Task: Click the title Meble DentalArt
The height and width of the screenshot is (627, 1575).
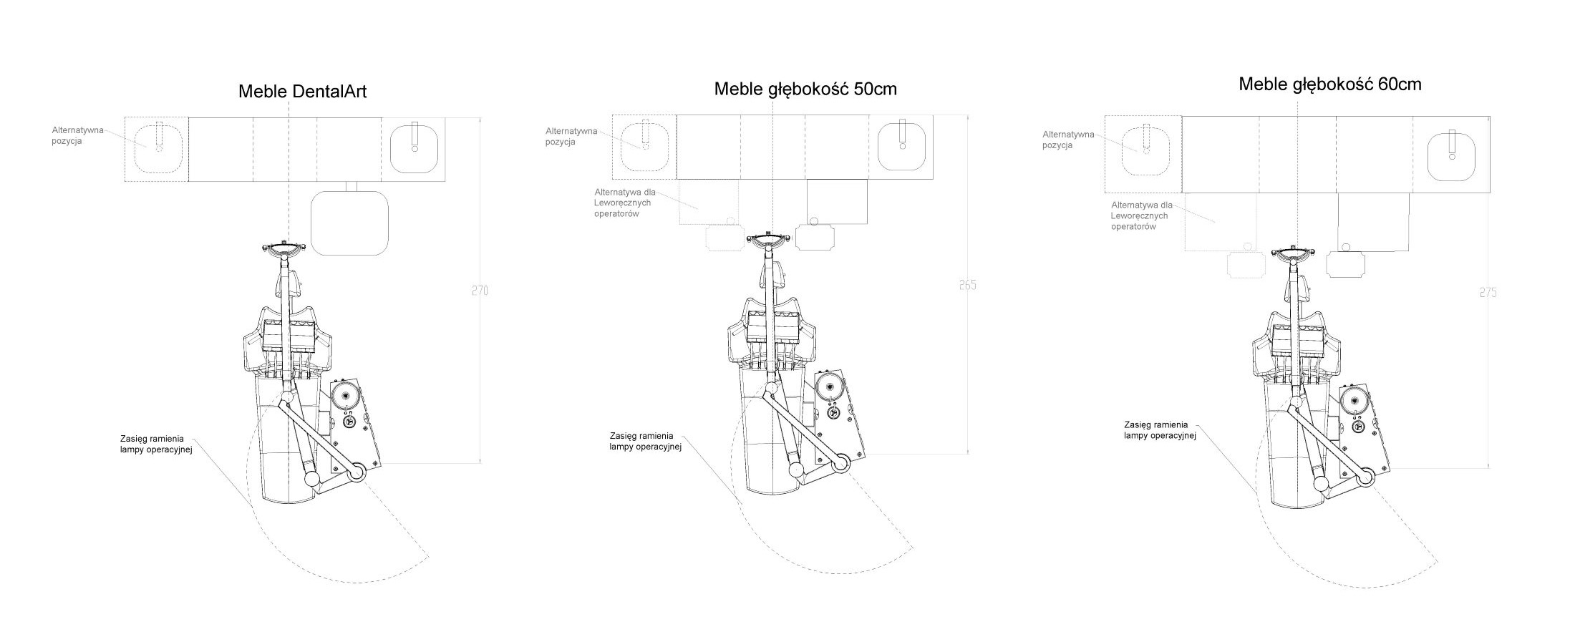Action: pos(302,92)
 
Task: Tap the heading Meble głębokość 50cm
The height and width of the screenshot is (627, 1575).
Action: pos(805,89)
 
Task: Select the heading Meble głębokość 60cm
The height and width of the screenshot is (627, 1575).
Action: pos(1330,84)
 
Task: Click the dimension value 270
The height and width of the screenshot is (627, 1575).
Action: pos(480,291)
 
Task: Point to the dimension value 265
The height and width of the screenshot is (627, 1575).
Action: pos(967,285)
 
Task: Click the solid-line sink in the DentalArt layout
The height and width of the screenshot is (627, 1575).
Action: pos(414,148)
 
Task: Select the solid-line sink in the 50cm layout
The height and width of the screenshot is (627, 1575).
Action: pos(902,145)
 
